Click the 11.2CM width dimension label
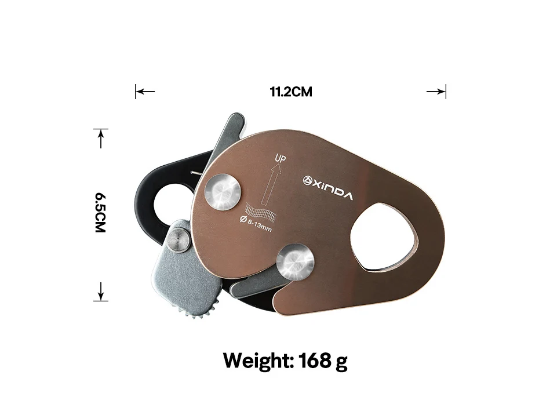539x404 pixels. pos(291,92)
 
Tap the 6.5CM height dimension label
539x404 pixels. pos(100,213)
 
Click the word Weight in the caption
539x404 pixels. pos(258,361)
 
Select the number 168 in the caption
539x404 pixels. pos(315,361)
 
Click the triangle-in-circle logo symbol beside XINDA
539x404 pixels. pos(307,180)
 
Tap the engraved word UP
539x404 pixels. pos(280,158)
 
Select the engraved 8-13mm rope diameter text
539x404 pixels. pos(256,224)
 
